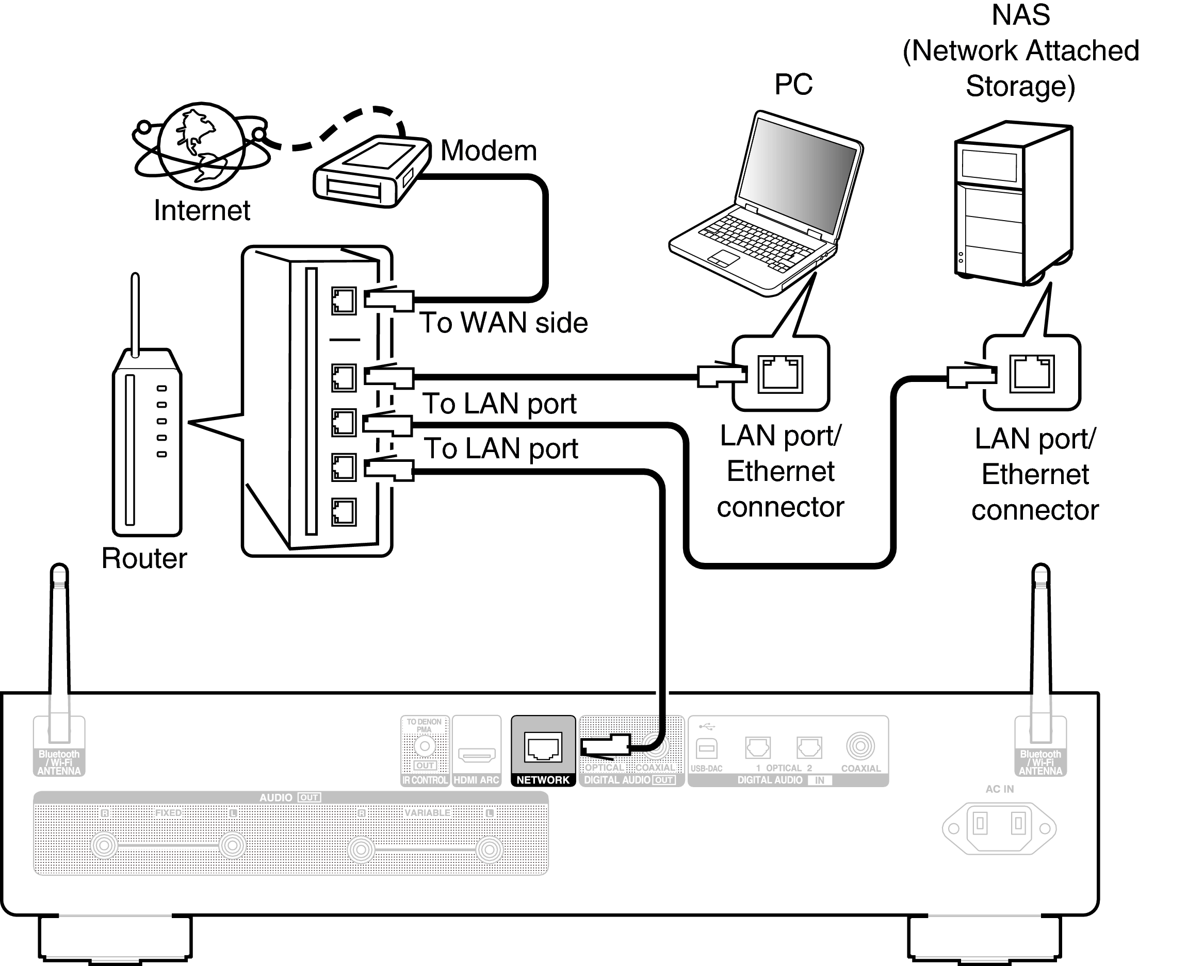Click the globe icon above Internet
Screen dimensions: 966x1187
pos(202,146)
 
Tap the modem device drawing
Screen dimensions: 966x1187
pos(371,171)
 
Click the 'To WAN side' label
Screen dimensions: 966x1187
pos(503,323)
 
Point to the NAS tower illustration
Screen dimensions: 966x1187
pos(1014,203)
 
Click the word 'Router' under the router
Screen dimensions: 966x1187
pos(144,558)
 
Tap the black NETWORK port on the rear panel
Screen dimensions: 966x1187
pos(543,747)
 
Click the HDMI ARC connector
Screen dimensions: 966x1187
pos(477,755)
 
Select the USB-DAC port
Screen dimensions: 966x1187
pos(707,748)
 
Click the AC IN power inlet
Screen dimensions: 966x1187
pos(999,828)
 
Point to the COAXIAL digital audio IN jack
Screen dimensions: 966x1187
pos(860,746)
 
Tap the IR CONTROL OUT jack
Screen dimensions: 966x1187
pos(425,746)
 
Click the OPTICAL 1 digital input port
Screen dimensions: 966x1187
pos(758,747)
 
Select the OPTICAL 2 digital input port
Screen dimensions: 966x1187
pos(809,747)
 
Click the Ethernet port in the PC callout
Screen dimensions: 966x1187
pos(781,374)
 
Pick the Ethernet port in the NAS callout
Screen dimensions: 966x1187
pos(1032,373)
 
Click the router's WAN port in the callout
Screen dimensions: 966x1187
pos(344,301)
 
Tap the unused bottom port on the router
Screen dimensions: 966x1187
pos(344,512)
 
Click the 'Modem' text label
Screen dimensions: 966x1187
pos(489,151)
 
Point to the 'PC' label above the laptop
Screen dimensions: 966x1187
pos(793,85)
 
